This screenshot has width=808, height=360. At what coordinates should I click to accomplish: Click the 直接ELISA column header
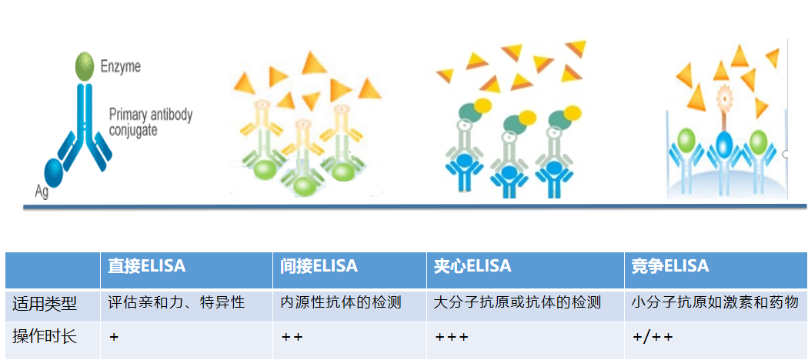[x=147, y=267]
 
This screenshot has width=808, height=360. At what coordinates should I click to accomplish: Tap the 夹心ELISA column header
[x=473, y=267]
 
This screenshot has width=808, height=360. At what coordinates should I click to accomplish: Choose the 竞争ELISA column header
[x=670, y=267]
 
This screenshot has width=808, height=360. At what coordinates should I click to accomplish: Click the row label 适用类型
[x=45, y=303]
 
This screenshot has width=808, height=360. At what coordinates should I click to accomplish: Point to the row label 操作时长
[x=45, y=336]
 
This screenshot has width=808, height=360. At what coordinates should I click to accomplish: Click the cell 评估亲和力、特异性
[x=177, y=302]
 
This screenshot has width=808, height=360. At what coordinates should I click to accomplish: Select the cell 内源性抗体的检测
[x=341, y=302]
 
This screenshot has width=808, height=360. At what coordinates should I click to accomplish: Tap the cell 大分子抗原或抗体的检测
[x=517, y=302]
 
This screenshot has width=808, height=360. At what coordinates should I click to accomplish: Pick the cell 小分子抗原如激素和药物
[x=715, y=302]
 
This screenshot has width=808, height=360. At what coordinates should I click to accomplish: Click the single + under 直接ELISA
[x=114, y=337]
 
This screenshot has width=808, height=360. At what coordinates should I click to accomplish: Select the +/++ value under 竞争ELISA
[x=653, y=337]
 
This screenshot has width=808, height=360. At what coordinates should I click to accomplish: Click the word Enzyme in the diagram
[x=121, y=67]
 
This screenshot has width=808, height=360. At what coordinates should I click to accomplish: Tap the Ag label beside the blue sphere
[x=42, y=192]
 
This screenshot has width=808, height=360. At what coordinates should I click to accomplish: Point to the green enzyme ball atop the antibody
[x=85, y=68]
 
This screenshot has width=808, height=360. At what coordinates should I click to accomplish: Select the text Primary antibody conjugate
[x=150, y=122]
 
